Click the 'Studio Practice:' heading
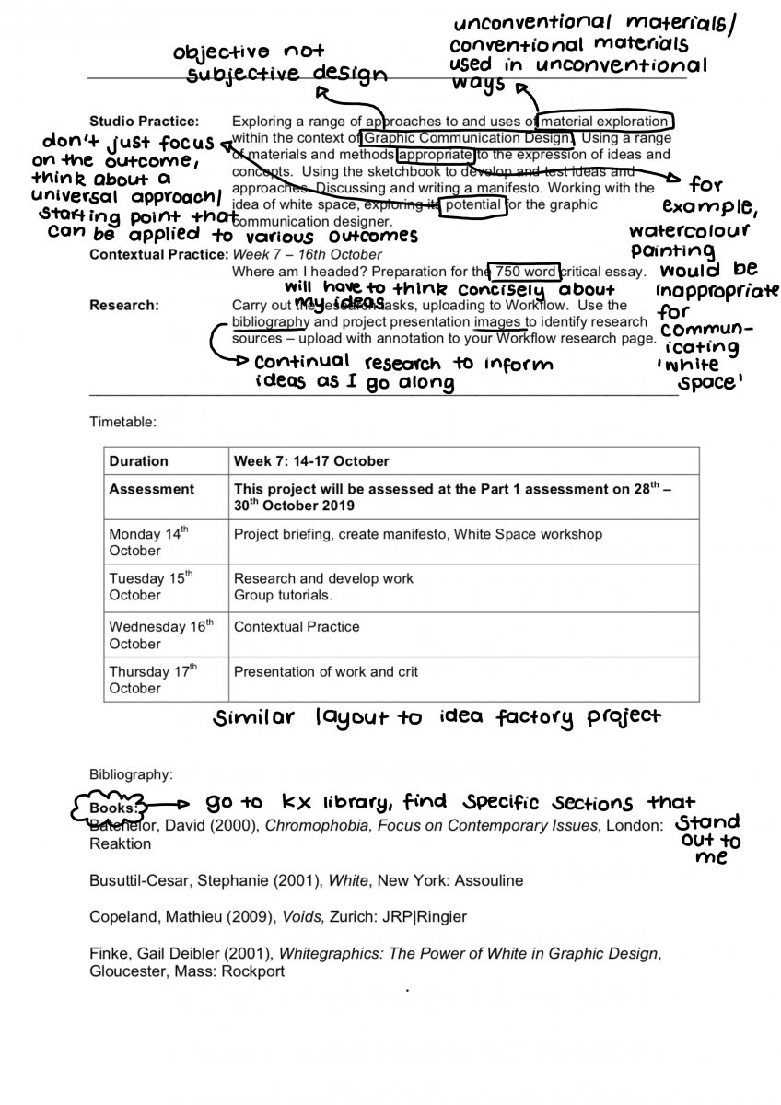pos(144,122)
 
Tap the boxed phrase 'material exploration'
pos(606,122)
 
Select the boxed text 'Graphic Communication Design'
pos(468,138)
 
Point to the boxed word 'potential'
pos(474,204)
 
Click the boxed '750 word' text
pos(525,272)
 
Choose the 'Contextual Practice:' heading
pos(157,254)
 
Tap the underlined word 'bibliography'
pos(271,322)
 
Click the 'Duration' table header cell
pos(139,461)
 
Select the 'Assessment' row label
pos(152,490)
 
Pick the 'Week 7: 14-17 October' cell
pos(311,461)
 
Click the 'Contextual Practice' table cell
pos(297,627)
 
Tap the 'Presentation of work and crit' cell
pos(326,672)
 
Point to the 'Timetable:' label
pos(122,422)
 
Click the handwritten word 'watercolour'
pos(689,229)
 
